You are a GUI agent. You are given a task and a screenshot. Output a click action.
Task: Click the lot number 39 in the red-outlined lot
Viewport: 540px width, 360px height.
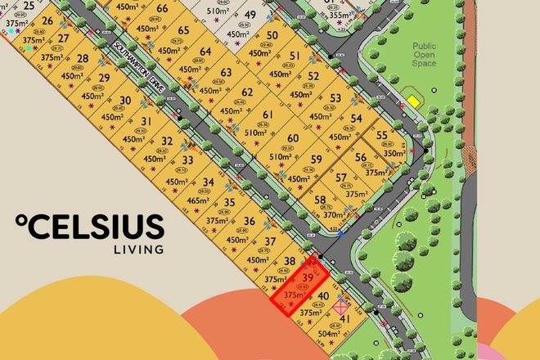[308, 277]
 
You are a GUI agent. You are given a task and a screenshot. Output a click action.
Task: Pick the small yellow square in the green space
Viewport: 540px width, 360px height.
[414, 101]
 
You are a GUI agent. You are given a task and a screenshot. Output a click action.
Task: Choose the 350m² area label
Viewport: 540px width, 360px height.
[394, 153]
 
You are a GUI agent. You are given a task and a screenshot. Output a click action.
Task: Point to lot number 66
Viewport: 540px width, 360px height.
[162, 9]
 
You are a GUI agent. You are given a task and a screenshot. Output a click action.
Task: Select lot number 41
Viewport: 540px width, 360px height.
[344, 319]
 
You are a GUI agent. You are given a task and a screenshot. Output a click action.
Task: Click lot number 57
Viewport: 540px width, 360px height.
[341, 178]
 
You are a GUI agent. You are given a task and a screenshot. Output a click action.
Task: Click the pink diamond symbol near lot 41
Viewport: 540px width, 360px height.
[341, 307]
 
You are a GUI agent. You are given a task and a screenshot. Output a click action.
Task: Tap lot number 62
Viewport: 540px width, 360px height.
[247, 92]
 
